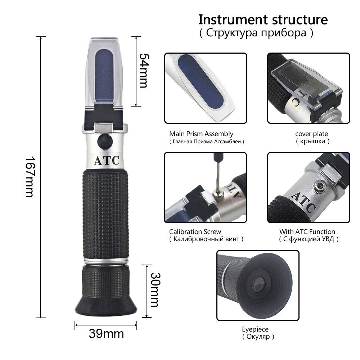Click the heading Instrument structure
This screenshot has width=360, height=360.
tap(263, 19)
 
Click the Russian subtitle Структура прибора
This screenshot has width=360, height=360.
tap(256, 33)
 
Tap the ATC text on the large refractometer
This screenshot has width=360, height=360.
tap(106, 161)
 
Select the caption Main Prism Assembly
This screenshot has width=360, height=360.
tap(201, 134)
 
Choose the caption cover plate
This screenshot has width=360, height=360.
tap(311, 134)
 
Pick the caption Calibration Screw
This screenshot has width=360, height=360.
tap(195, 232)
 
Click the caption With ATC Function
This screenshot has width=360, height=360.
tap(307, 232)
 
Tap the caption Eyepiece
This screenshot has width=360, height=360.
tap(255, 329)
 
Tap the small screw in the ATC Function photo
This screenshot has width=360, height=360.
tap(318, 185)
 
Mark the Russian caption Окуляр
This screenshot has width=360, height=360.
tap(258, 337)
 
